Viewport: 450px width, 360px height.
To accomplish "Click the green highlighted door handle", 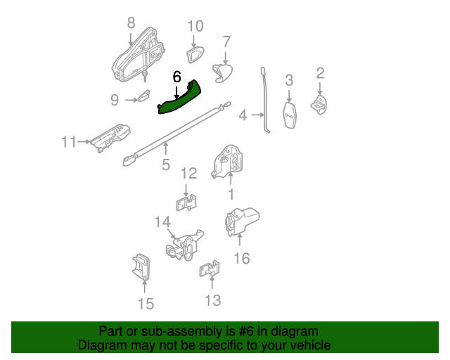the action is (x=179, y=98).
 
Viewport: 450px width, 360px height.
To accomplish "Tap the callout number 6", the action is (x=176, y=77).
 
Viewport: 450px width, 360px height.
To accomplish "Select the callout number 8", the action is (x=131, y=22).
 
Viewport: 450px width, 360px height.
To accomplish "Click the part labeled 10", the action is (x=195, y=55).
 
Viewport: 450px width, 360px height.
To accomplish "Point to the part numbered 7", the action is (x=222, y=73).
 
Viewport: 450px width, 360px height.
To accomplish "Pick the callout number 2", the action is (x=321, y=73).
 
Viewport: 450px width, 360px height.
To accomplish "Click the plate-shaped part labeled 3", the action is (x=289, y=115).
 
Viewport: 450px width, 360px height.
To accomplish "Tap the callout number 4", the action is (x=243, y=115).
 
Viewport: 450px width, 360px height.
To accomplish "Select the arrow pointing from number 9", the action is (x=131, y=100).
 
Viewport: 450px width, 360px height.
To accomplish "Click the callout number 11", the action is (x=69, y=142).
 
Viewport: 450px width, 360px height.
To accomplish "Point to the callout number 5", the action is (x=166, y=165).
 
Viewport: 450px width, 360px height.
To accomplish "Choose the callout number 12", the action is (x=188, y=174).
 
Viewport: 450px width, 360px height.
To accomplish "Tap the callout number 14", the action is (x=162, y=222).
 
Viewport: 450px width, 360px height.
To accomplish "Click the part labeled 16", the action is (x=242, y=222).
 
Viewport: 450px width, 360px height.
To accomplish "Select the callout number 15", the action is (x=146, y=304).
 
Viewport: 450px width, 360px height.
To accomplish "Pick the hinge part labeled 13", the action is (x=210, y=269).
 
